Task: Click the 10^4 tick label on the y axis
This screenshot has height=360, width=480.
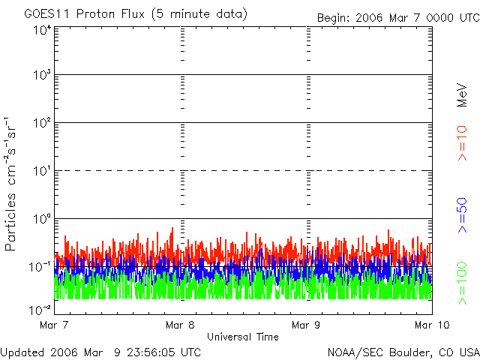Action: pos(41,30)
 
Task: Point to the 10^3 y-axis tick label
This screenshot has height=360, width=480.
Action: pos(41,76)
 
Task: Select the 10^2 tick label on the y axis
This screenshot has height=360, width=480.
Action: pos(41,124)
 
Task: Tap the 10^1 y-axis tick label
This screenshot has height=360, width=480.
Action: pos(41,172)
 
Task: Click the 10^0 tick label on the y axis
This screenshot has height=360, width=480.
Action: pos(41,220)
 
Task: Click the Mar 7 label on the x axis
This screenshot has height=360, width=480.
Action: pos(54,325)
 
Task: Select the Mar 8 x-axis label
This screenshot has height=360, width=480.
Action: pos(180,325)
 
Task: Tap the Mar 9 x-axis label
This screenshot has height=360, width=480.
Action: pos(306,325)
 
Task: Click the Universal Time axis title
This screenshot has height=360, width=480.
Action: pos(242,337)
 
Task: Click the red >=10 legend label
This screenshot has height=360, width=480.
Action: pos(462,145)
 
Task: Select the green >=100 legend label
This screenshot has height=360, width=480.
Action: pos(462,282)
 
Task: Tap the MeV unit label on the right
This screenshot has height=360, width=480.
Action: pos(462,94)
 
